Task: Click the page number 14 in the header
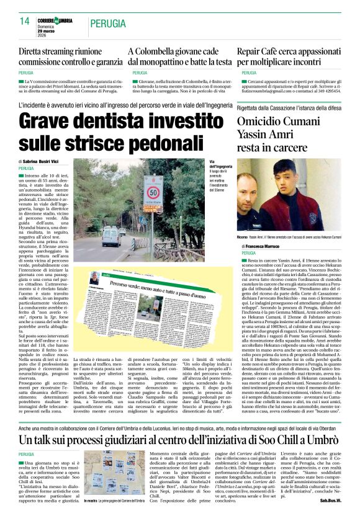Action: [24, 21]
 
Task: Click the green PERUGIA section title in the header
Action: [107, 23]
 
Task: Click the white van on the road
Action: [112, 236]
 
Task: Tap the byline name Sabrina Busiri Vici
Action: [43, 161]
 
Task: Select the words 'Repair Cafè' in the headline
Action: [258, 52]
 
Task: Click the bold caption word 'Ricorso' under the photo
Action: [245, 237]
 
